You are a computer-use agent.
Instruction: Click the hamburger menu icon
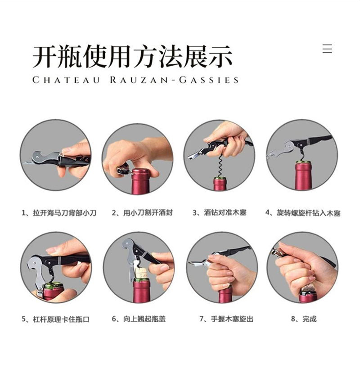click(327, 48)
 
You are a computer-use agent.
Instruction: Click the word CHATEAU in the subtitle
click(66, 80)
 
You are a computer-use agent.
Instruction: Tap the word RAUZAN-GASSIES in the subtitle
click(174, 80)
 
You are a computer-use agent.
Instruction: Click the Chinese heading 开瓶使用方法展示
click(132, 57)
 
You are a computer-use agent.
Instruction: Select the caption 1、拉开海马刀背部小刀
click(59, 212)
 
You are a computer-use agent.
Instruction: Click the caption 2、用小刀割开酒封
click(142, 212)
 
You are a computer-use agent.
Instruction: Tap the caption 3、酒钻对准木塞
click(220, 212)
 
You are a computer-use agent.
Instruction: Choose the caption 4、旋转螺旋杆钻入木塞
click(303, 212)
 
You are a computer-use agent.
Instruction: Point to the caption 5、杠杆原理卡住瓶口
click(56, 319)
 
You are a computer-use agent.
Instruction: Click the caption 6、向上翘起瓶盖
click(139, 319)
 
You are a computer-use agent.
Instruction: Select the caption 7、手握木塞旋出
click(226, 319)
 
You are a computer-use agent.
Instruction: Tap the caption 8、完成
click(304, 319)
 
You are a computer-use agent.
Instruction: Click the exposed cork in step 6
click(141, 273)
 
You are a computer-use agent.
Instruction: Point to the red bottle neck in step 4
click(303, 175)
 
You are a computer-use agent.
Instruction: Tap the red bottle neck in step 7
click(225, 296)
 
